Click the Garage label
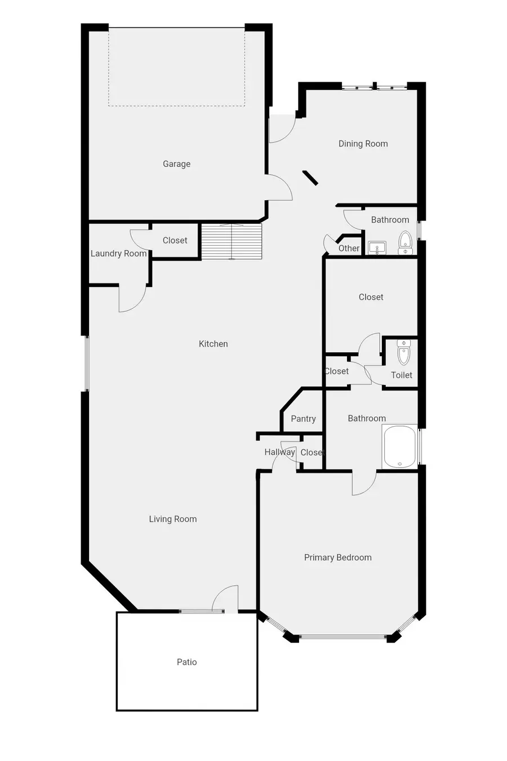(176, 164)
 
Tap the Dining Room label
(363, 144)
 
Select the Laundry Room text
(118, 254)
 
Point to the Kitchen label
(213, 344)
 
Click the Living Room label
(172, 519)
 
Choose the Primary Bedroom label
(337, 558)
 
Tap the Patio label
(186, 662)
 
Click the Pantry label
(303, 419)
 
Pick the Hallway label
(279, 452)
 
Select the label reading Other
(349, 249)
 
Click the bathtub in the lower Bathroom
(400, 446)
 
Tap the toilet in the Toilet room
(404, 353)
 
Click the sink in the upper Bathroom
(376, 247)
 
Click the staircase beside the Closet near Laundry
(232, 241)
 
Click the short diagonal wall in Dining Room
(310, 178)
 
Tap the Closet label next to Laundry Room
(175, 241)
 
